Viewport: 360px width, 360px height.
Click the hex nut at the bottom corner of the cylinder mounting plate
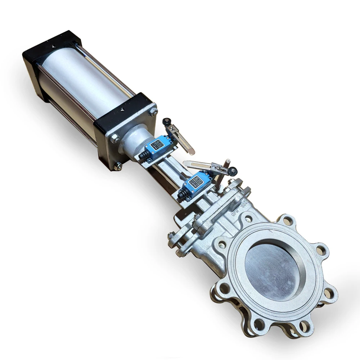tap(117, 166)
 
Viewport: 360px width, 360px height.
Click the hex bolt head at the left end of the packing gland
tap(172, 237)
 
